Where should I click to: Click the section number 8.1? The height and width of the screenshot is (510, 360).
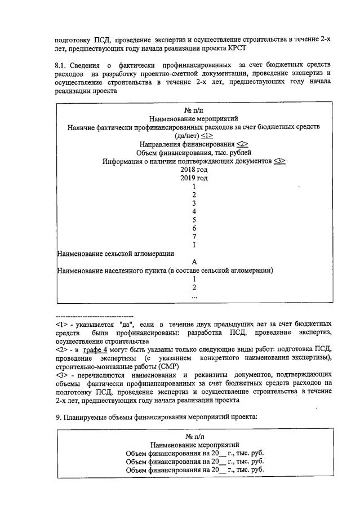click(x=61, y=66)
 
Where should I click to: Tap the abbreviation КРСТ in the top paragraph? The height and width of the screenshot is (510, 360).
click(x=249, y=48)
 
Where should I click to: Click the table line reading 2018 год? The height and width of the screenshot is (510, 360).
click(x=194, y=170)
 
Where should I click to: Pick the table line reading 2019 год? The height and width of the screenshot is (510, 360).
click(x=194, y=178)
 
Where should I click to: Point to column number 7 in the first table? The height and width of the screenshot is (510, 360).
click(x=194, y=237)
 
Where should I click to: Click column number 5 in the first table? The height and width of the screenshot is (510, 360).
click(x=194, y=220)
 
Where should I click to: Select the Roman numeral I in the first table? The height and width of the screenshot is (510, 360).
click(x=194, y=245)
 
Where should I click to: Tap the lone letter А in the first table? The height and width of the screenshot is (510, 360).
click(x=194, y=262)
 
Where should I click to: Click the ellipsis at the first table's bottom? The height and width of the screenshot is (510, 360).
click(x=194, y=295)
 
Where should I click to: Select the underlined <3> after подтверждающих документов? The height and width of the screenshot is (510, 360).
click(x=279, y=161)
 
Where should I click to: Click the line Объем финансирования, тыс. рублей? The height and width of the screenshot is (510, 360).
click(x=194, y=153)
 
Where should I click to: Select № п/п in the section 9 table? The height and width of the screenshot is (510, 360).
click(x=194, y=436)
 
